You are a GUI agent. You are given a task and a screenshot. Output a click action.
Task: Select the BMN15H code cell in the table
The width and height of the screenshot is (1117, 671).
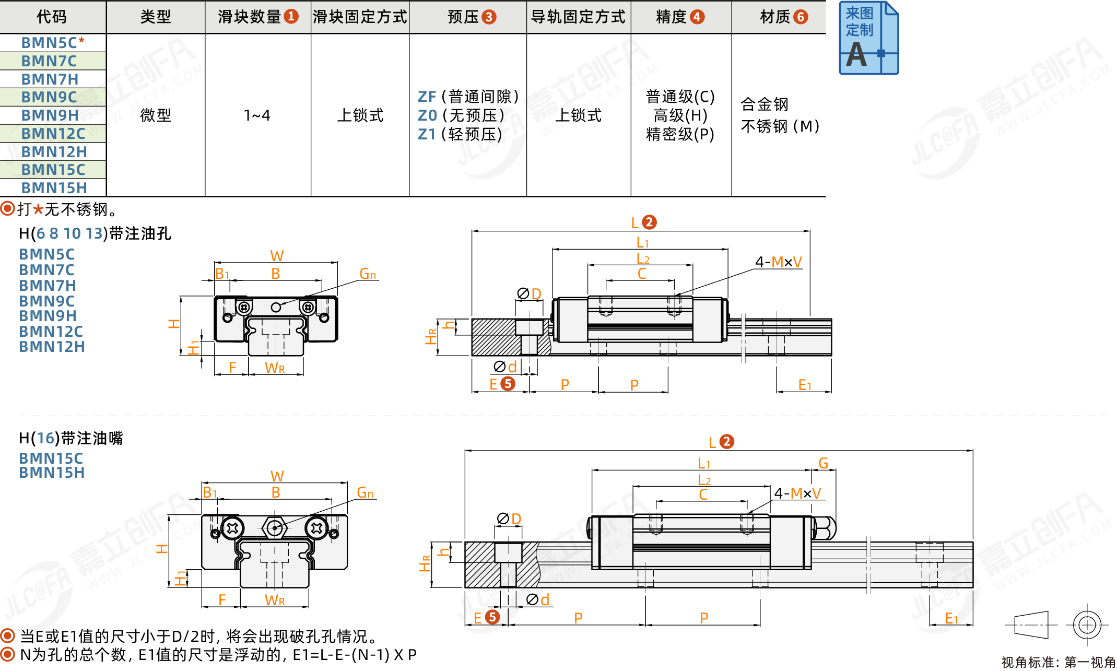pos(54,188)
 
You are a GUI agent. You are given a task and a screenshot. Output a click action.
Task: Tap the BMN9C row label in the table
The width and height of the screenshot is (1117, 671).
pos(49,97)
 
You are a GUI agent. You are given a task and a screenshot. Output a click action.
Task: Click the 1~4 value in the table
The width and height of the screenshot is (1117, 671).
pos(257,115)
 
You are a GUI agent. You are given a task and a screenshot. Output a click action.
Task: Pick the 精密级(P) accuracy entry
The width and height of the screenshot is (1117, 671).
pos(680,134)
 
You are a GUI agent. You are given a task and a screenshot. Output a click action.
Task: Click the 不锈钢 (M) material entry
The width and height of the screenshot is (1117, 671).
pos(780,126)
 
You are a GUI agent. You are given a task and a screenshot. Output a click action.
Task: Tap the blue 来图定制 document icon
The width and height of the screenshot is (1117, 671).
pos(868,38)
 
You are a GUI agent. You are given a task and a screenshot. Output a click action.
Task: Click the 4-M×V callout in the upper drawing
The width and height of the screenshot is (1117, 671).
pos(778,262)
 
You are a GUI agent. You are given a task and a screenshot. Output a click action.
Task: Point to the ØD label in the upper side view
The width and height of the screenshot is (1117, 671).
pos(529,293)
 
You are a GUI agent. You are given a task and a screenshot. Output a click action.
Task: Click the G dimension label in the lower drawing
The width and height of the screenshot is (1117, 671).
pos(823,463)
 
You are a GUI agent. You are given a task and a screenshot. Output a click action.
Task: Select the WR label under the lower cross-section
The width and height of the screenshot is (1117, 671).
pos(275,600)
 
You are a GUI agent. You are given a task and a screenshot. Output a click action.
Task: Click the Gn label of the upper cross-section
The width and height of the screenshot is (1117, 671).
pos(368,274)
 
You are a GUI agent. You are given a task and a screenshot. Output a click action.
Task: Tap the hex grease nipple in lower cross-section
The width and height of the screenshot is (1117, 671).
pos(275,528)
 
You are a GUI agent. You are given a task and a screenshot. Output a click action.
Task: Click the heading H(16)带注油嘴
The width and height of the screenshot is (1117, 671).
pos(71,438)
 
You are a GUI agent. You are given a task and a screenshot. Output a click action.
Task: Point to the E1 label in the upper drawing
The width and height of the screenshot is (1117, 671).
pos(805,385)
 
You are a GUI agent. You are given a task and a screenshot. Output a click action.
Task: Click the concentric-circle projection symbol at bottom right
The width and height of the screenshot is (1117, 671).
pos(1087,625)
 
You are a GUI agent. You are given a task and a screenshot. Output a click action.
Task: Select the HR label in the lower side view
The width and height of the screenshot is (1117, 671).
pos(425,563)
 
